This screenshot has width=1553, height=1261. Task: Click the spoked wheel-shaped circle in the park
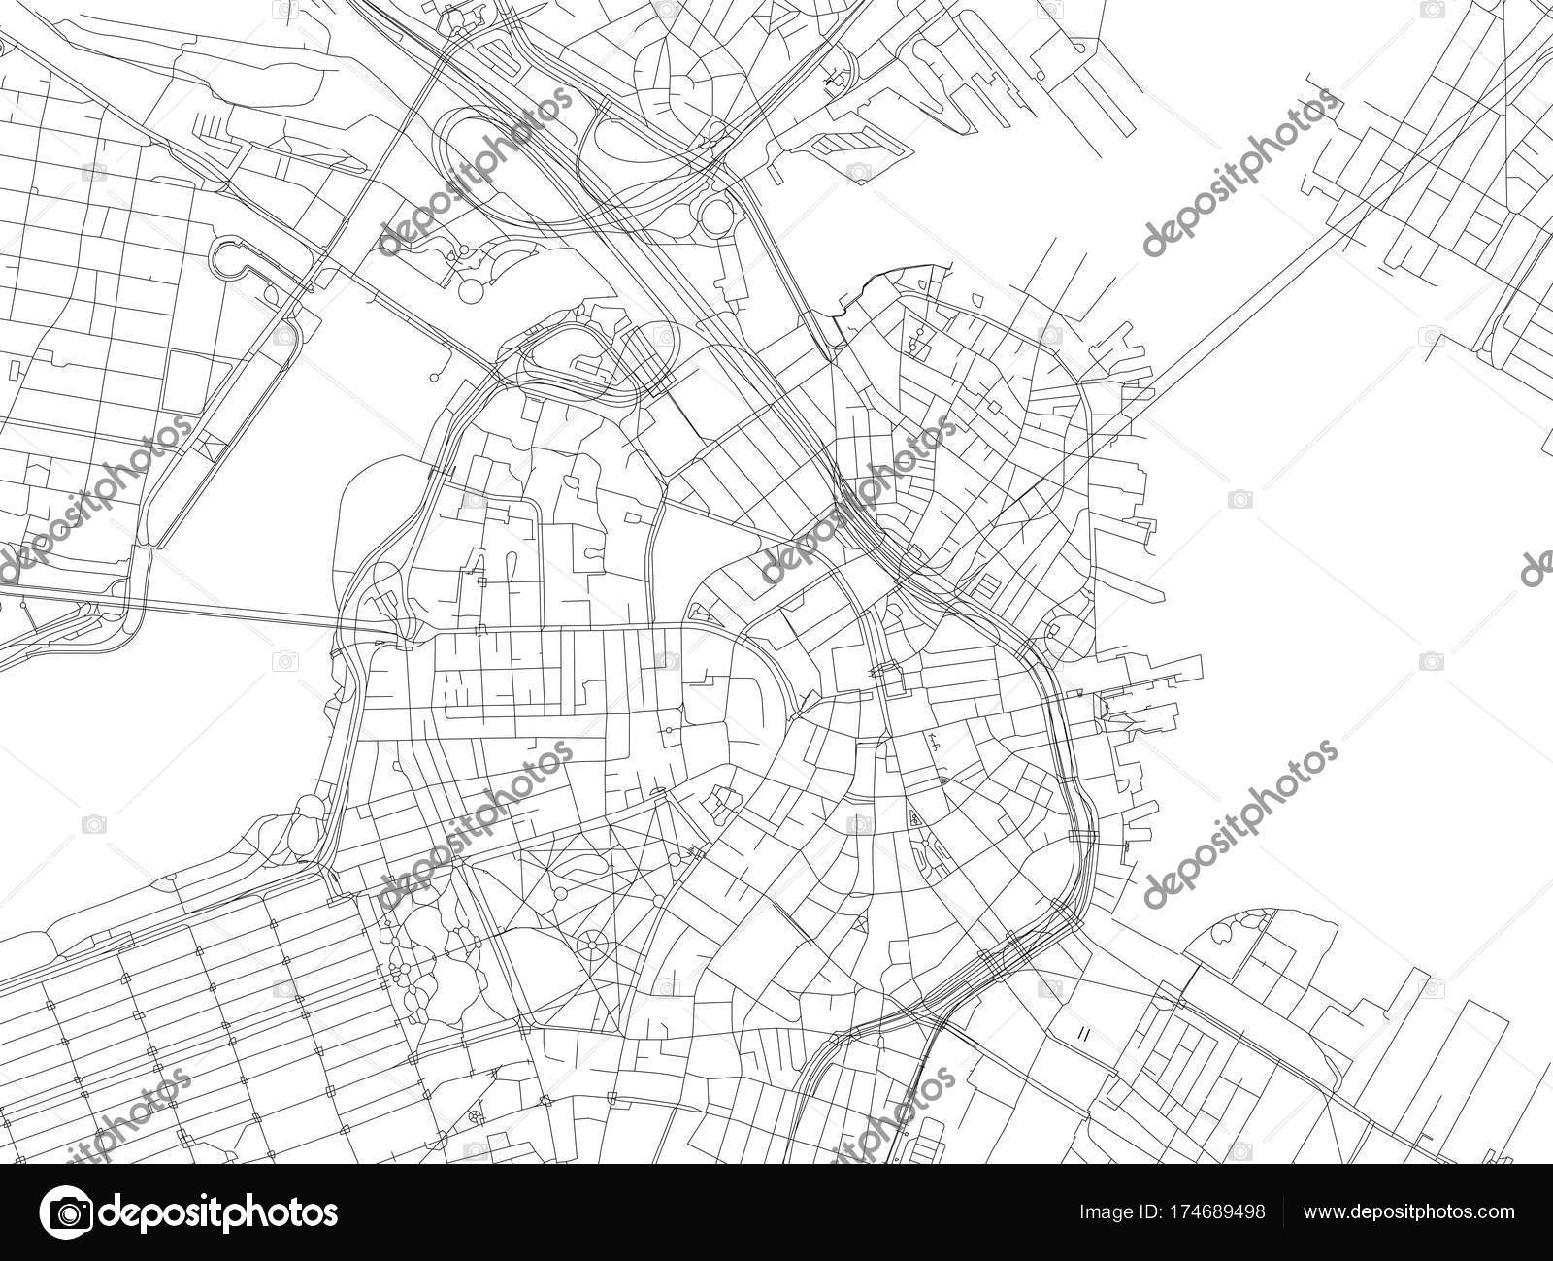click(x=590, y=943)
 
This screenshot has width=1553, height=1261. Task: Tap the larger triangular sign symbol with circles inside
click(x=915, y=818)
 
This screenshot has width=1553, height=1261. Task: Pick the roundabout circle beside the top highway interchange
click(x=715, y=212)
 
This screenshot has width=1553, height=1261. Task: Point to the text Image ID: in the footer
click(x=1126, y=1213)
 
